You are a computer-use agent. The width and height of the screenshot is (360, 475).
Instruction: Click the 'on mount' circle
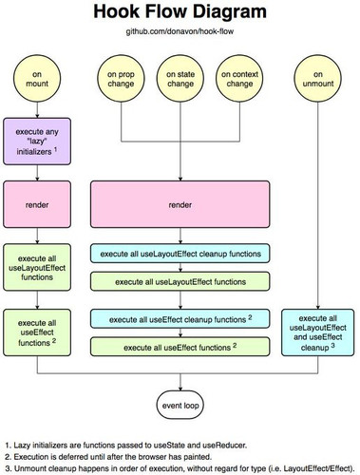pyautogui.click(x=37, y=79)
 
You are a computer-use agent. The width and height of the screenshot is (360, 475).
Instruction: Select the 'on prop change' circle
pyautogui.click(x=121, y=79)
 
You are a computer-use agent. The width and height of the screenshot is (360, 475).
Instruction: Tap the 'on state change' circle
pyautogui.click(x=180, y=79)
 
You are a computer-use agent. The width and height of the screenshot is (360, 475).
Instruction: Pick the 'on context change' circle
pyautogui.click(x=239, y=79)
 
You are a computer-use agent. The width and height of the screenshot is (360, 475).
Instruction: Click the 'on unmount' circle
pyautogui.click(x=318, y=79)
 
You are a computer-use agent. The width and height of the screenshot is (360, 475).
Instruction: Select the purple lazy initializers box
pyautogui.click(x=37, y=142)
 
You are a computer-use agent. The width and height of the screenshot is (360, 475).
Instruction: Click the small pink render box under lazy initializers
pyautogui.click(x=37, y=204)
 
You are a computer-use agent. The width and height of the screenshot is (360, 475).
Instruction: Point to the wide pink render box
pyautogui.click(x=180, y=204)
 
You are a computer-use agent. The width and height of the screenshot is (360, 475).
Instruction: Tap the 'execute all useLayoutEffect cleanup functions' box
pyautogui.click(x=180, y=254)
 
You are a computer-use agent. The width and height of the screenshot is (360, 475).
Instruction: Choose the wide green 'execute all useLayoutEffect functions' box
pyautogui.click(x=180, y=281)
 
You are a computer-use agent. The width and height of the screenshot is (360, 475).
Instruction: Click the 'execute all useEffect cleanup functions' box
pyautogui.click(x=180, y=318)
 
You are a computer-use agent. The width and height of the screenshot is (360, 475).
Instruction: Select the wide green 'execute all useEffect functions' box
pyautogui.click(x=180, y=347)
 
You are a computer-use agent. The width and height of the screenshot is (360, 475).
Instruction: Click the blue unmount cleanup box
pyautogui.click(x=318, y=332)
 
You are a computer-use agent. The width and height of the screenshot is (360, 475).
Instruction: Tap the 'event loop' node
pyautogui.click(x=180, y=405)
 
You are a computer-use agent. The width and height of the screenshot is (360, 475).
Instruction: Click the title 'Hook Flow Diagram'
pyautogui.click(x=180, y=11)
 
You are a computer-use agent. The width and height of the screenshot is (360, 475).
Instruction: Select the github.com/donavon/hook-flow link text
pyautogui.click(x=180, y=31)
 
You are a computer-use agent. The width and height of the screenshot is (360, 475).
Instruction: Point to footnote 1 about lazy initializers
pyautogui.click(x=126, y=446)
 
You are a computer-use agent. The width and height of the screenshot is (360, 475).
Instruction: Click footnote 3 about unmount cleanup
pyautogui.click(x=180, y=468)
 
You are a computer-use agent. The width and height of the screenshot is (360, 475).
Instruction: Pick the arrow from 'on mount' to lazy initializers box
pyautogui.click(x=37, y=110)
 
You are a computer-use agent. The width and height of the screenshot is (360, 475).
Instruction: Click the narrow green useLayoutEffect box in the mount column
pyautogui.click(x=37, y=267)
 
